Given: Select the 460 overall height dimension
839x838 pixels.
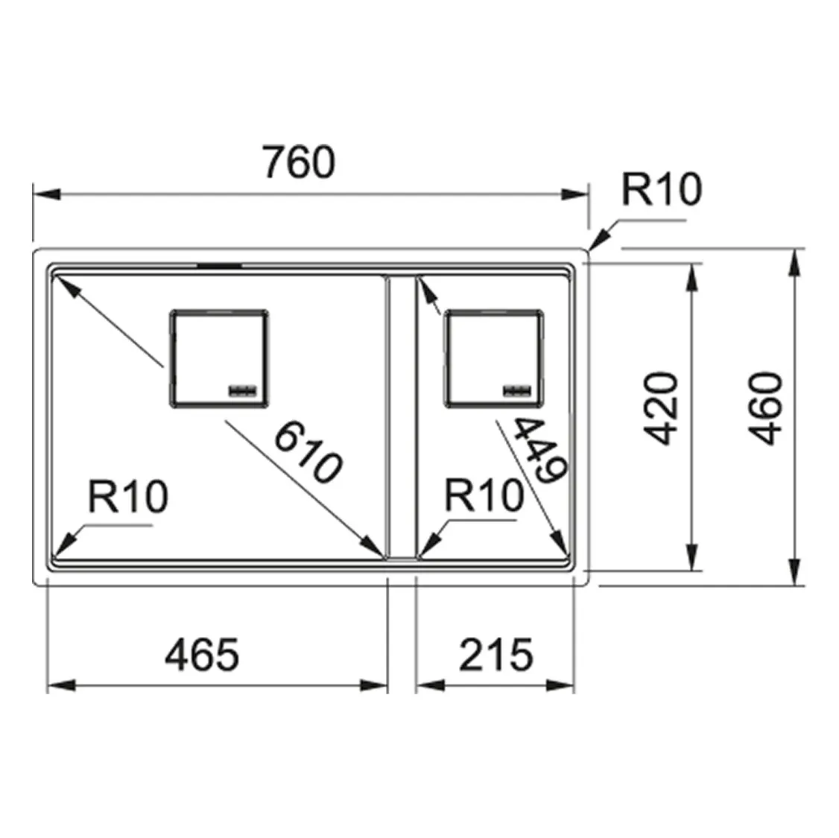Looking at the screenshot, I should click(x=767, y=409).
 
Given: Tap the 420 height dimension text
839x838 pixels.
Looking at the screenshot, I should click(x=662, y=409).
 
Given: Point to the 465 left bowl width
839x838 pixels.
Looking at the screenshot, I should click(x=202, y=655).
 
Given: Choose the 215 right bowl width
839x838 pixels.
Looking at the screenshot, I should click(x=496, y=655).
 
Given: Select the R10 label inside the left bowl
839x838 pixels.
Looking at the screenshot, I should click(x=127, y=497).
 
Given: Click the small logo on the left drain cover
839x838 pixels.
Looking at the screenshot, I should click(x=243, y=390).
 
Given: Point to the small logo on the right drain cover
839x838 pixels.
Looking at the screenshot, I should click(x=516, y=390).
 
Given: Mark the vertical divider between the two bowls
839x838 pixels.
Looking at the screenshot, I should click(x=401, y=417).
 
